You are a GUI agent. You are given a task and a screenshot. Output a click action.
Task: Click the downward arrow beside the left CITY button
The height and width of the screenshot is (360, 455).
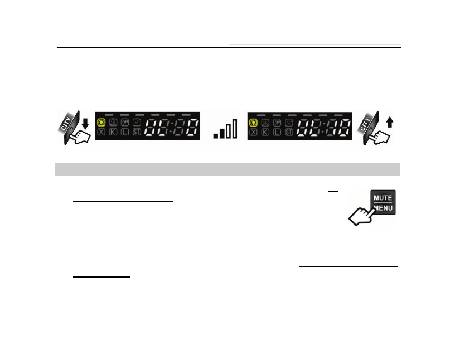pos(84,121)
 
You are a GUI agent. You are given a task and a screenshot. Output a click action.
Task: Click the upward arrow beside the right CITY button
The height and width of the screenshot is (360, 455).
pos(389,121)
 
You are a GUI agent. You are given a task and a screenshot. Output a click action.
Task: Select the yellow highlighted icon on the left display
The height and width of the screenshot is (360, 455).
pos(101,122)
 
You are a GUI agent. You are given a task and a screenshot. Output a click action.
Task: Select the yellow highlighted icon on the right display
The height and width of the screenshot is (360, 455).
pos(254,122)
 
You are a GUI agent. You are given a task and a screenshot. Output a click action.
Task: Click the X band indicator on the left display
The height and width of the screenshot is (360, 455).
pos(101,132)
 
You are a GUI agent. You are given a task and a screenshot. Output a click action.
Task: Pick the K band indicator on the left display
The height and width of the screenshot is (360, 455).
pos(113,132)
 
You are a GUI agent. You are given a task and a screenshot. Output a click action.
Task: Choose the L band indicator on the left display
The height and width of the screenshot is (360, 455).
pos(124,132)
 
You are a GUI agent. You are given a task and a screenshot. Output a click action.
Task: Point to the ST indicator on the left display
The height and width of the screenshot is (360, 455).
pos(136,132)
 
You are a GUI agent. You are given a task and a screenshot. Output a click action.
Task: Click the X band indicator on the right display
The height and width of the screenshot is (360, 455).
pos(254,132)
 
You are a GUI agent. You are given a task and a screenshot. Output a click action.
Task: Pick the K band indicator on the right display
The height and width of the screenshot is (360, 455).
pos(265,132)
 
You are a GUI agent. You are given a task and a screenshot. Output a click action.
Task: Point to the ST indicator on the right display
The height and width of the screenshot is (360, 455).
pos(288,132)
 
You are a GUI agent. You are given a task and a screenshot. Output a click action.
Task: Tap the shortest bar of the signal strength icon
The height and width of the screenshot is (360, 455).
pos(216,135)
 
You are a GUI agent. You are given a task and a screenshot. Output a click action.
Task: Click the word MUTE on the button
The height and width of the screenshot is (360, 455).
pos(383,198)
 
